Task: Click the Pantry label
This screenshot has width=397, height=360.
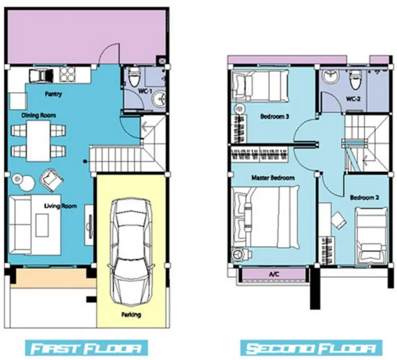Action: coord(53,94)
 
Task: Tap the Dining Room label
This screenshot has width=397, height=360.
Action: coord(38,116)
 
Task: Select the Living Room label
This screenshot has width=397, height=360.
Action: coord(60,206)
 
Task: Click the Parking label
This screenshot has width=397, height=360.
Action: coord(131,315)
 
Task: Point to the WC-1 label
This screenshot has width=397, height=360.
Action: coord(145,91)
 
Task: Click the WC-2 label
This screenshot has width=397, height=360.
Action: coord(353,99)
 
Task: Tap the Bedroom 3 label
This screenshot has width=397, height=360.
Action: coord(275,117)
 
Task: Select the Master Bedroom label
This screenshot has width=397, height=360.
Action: coord(273,178)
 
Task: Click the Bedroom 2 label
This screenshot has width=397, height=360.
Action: coord(364,197)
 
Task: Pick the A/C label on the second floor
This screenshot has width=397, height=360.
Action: coord(274,274)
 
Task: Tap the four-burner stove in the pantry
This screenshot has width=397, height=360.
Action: coord(67,74)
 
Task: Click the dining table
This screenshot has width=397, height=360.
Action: coord(38,141)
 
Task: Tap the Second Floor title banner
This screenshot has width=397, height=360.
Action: coord(312,348)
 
